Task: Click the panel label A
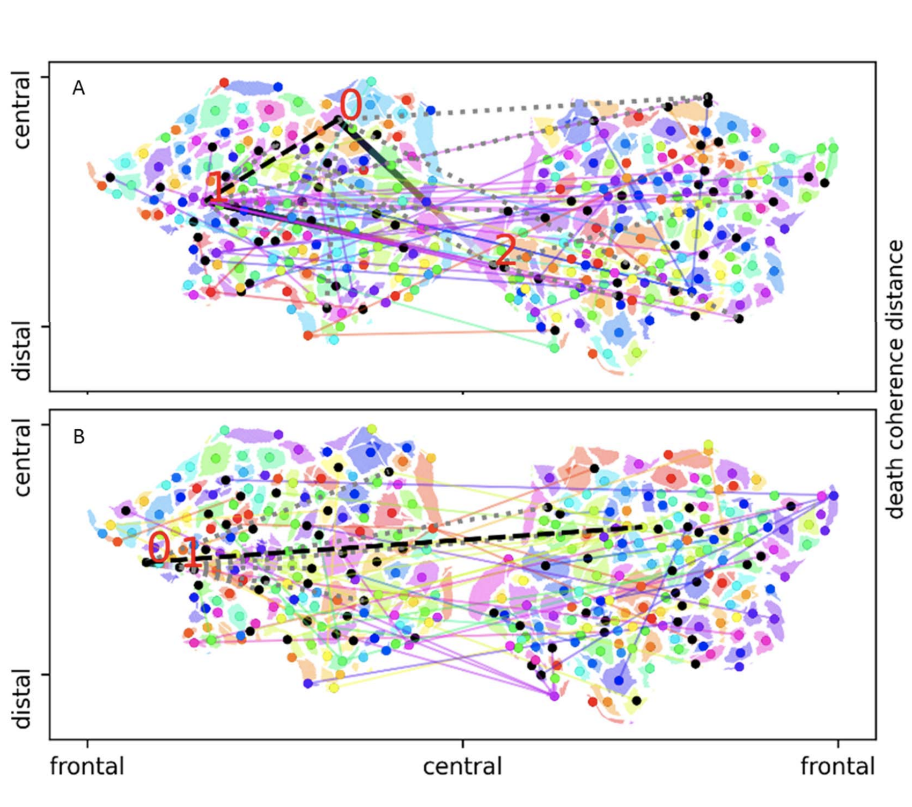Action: coord(78,88)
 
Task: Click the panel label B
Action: coord(78,437)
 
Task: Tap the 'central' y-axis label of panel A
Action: coord(22,110)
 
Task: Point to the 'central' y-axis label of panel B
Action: coord(22,458)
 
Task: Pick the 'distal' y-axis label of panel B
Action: coord(22,699)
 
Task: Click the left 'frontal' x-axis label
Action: coord(87,766)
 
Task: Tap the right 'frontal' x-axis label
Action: coord(838,766)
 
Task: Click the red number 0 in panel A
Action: coord(350,105)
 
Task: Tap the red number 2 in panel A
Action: coord(505,251)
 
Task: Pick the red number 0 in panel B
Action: coord(159,547)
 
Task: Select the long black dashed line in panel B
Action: coord(394,545)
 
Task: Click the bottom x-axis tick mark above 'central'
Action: coord(462,743)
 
